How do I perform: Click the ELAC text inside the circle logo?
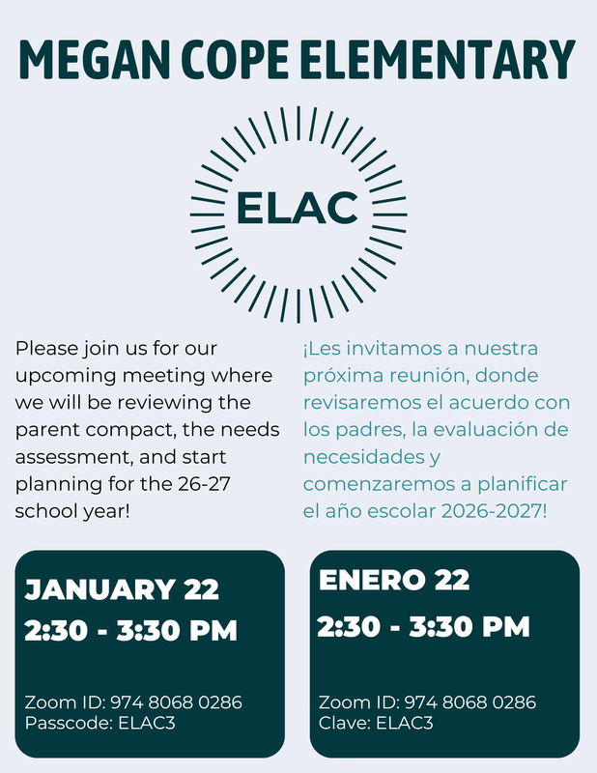[x=298, y=208]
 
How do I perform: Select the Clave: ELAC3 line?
[x=376, y=721]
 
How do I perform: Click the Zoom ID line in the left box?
[x=133, y=702]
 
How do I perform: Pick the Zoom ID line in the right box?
[x=427, y=702]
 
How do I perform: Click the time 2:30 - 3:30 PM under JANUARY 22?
[x=130, y=631]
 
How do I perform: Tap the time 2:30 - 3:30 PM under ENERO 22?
[x=423, y=626]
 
